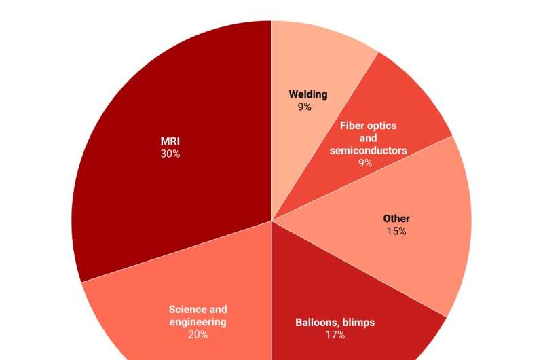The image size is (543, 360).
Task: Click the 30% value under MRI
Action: tap(170, 154)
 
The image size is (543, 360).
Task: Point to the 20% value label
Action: tap(198, 334)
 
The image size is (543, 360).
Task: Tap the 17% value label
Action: tap(335, 334)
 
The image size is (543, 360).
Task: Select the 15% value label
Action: tap(396, 231)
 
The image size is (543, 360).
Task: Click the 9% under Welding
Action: tap(304, 107)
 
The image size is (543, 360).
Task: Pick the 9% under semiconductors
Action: tap(365, 162)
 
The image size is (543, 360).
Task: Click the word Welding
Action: tap(308, 94)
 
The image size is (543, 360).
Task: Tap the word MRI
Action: tap(170, 141)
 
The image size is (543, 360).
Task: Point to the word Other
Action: tap(396, 219)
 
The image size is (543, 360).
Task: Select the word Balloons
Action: tap(319, 322)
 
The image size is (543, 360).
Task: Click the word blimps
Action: tap(358, 322)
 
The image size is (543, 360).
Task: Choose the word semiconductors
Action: tap(369, 150)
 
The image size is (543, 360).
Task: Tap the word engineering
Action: tap(198, 322)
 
